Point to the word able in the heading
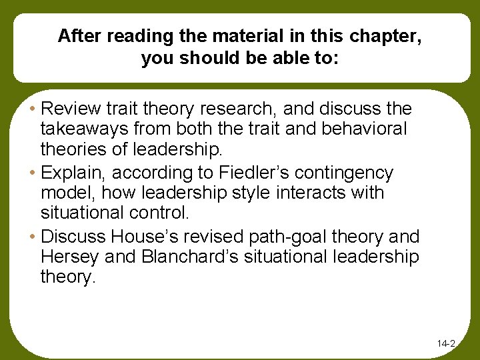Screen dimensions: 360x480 [x=289, y=58]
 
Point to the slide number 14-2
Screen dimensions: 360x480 [x=446, y=344]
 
